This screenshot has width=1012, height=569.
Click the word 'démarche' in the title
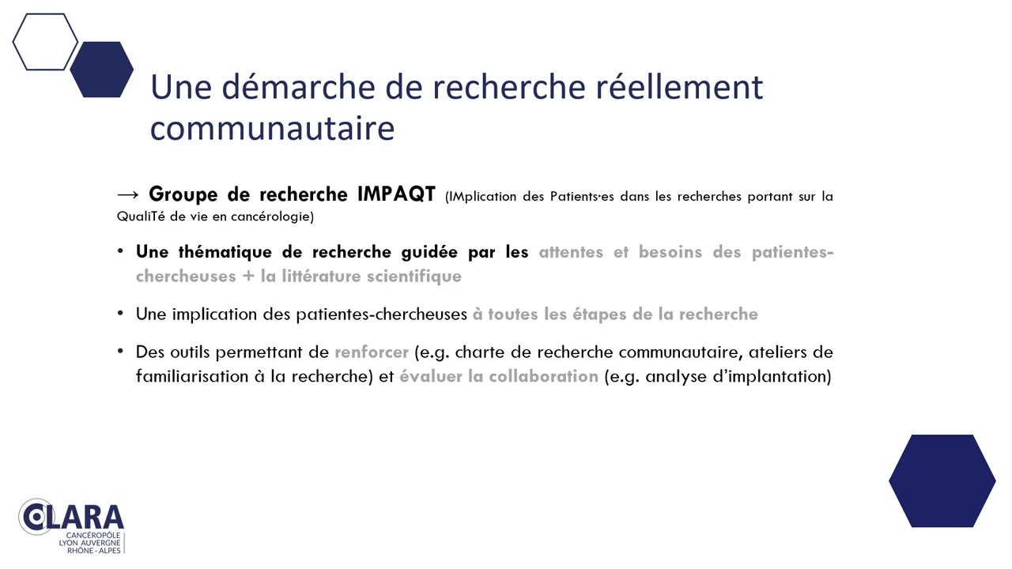(x=299, y=87)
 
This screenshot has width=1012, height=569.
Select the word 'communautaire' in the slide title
(x=273, y=129)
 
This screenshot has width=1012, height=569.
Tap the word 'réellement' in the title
(x=679, y=87)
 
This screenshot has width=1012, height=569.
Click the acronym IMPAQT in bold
(x=396, y=194)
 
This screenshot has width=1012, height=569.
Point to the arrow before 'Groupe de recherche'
(x=128, y=195)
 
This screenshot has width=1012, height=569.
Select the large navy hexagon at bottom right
(x=942, y=481)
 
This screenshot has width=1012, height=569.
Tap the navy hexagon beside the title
(x=102, y=70)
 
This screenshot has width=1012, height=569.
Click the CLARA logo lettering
(x=71, y=517)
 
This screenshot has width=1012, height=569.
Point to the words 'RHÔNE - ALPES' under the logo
(x=94, y=551)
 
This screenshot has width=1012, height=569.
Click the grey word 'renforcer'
(x=372, y=352)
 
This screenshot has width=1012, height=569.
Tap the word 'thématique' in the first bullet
(x=225, y=252)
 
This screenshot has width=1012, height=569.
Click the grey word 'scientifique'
(x=413, y=277)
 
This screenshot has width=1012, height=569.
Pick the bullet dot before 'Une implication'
(x=120, y=313)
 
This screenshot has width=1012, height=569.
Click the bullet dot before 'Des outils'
(x=120, y=351)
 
